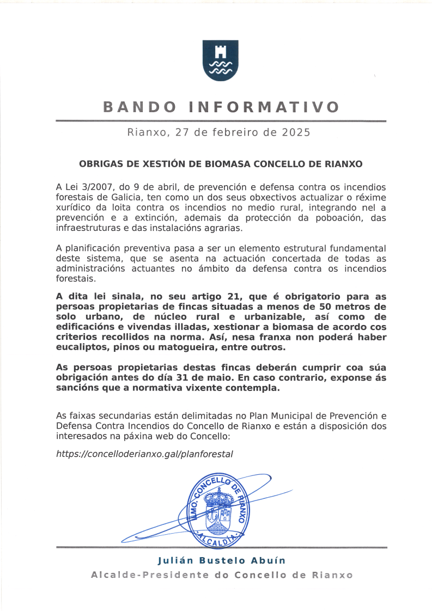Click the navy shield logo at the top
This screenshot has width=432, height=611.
(x=220, y=60)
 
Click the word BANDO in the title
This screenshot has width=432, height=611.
(x=139, y=107)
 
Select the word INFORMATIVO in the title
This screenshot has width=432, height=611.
(x=264, y=107)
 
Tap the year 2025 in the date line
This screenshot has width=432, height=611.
(x=296, y=132)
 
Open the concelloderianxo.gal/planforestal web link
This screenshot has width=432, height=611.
(x=144, y=454)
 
